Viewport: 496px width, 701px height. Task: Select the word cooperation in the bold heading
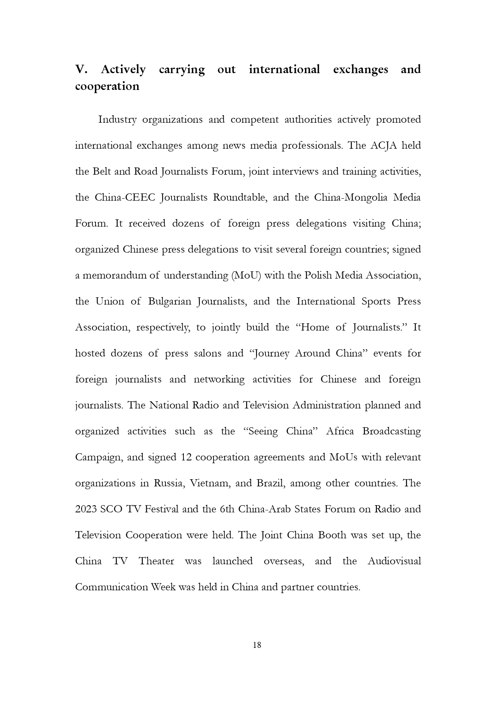click(x=107, y=86)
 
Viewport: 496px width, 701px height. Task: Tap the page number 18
click(x=257, y=645)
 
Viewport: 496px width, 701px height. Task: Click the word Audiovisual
click(x=394, y=561)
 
